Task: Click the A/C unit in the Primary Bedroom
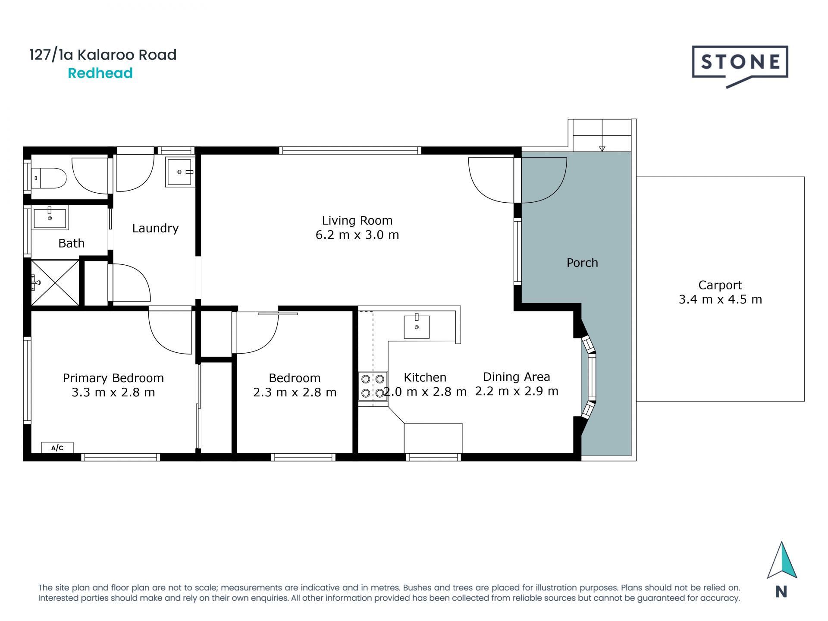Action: [57, 448]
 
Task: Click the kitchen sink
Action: [417, 326]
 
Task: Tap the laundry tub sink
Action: [180, 172]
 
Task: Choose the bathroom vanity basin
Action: [50, 218]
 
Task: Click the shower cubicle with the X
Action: [55, 283]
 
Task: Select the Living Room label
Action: [357, 220]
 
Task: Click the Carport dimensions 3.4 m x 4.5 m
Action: [720, 299]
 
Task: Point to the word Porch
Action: [582, 263]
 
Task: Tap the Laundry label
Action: [155, 228]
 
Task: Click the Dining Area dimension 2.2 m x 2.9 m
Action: [517, 391]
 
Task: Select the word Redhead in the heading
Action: [100, 73]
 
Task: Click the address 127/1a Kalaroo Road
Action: [103, 55]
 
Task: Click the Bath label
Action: [71, 243]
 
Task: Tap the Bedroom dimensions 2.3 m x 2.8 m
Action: [295, 392]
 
